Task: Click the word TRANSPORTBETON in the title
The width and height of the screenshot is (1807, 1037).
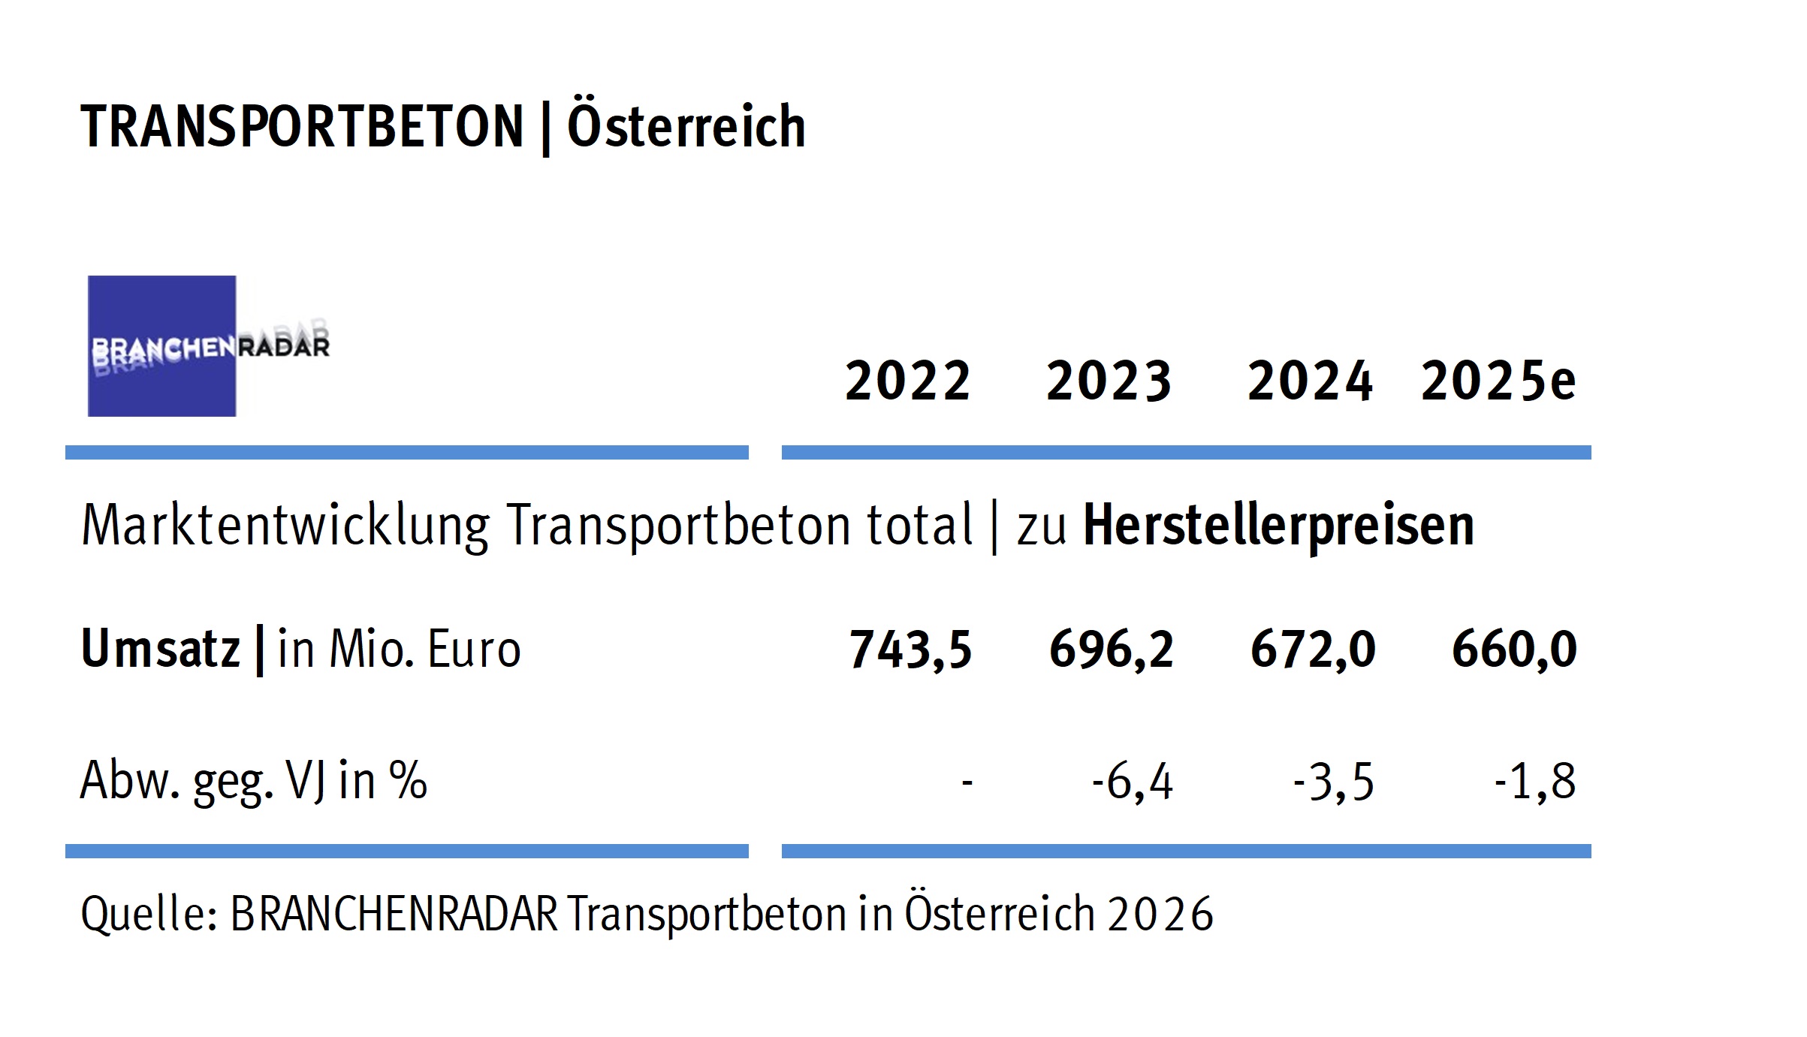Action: [x=302, y=126]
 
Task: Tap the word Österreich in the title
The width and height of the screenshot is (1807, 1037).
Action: [x=686, y=126]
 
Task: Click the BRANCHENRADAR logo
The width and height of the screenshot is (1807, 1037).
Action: [x=208, y=346]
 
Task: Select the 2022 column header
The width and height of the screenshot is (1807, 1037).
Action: [x=908, y=381]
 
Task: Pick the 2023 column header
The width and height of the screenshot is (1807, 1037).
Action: [x=1109, y=381]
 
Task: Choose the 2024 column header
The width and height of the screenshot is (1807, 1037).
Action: [x=1310, y=381]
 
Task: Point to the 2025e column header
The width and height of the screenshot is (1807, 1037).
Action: [x=1498, y=381]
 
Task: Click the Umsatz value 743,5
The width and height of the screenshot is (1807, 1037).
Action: [x=910, y=649]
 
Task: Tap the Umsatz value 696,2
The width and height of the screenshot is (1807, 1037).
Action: [x=1111, y=649]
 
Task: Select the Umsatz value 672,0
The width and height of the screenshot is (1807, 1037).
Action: [x=1313, y=649]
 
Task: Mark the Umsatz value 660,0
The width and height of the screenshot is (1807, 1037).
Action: [x=1514, y=649]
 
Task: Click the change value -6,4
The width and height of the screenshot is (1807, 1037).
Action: [x=1132, y=782]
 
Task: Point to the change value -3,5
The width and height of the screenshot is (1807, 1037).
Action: [x=1333, y=782]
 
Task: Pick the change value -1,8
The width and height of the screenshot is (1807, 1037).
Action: [x=1534, y=782]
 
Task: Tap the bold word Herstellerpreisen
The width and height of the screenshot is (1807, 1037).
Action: [x=1278, y=526]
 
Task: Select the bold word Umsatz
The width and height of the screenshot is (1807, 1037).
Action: [x=160, y=649]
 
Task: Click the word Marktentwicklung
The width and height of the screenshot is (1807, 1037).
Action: [x=285, y=526]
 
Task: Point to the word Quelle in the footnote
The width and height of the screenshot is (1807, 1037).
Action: [x=149, y=915]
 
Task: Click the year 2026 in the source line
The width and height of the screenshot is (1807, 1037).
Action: [x=1160, y=915]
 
